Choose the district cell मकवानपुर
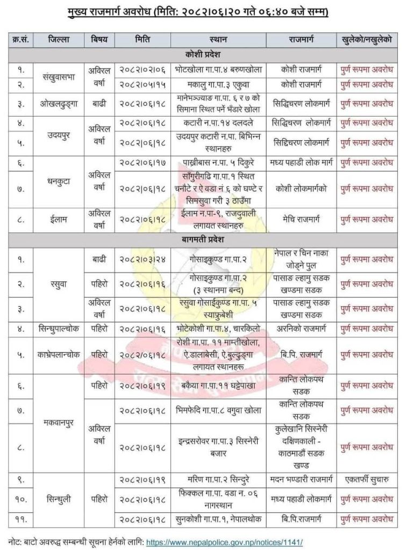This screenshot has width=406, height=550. pos(59,422)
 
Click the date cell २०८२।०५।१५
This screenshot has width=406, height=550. pos(146,84)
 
